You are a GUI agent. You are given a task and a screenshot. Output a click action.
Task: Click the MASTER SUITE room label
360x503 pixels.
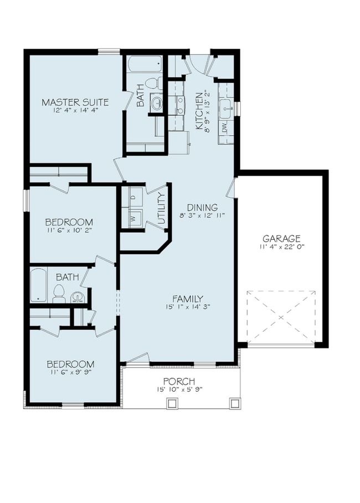(x=75, y=102)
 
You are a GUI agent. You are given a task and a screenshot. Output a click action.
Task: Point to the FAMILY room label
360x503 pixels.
(x=188, y=298)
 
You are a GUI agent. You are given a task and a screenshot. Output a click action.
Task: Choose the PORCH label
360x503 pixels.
(x=179, y=381)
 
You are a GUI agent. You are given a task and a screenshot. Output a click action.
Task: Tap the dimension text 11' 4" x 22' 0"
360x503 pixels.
(x=282, y=247)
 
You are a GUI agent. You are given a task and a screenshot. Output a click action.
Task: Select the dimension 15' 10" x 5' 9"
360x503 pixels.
(x=179, y=389)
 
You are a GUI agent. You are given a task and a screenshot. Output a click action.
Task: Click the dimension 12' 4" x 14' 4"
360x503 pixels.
(x=75, y=111)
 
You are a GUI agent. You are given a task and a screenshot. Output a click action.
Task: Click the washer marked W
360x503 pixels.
(x=132, y=218)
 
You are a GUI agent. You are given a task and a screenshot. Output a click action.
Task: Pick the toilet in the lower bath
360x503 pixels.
(x=59, y=294)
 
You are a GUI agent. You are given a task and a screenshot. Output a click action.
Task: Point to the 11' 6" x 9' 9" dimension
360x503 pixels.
(x=70, y=373)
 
